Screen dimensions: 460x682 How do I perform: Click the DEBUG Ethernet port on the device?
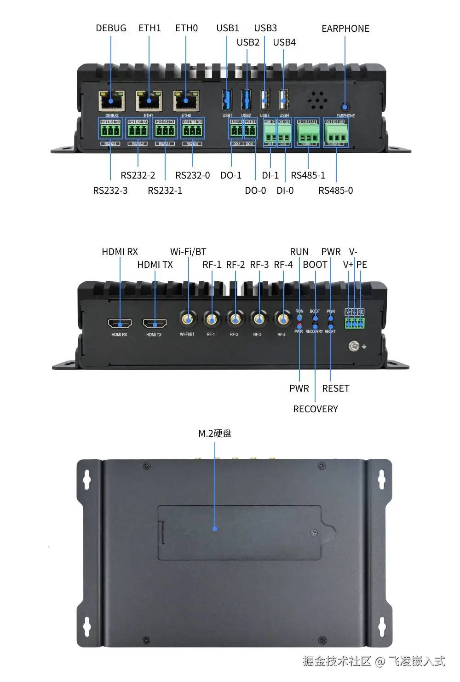[111, 101]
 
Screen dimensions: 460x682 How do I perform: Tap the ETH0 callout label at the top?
[186, 28]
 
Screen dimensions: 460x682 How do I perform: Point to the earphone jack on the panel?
[345, 107]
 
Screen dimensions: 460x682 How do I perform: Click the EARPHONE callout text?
[345, 29]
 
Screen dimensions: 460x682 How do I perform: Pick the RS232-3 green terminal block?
[110, 131]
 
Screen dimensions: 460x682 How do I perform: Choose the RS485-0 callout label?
[336, 191]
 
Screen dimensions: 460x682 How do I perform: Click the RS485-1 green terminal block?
[308, 134]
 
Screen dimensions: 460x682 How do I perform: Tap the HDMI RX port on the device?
[120, 324]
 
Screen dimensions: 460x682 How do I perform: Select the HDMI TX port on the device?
[155, 324]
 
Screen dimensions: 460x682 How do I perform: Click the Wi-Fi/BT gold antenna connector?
[188, 318]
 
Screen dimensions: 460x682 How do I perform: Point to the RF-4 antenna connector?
[282, 318]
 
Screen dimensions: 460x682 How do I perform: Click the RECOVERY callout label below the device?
[316, 409]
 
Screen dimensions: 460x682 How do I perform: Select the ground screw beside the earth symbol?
[354, 346]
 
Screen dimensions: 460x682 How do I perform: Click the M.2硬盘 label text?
[215, 433]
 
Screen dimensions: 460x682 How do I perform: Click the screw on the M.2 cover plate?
[315, 533]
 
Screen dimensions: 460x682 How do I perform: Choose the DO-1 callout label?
[231, 175]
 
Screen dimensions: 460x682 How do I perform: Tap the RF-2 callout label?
[236, 265]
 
